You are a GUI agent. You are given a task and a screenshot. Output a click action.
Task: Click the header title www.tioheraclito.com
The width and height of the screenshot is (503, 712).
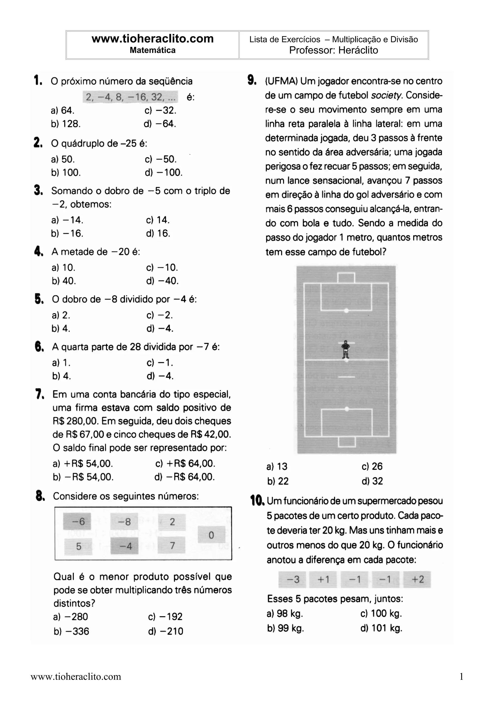coord(153,39)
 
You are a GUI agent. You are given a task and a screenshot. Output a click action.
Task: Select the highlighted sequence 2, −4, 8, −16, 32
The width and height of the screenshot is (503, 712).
coord(130,97)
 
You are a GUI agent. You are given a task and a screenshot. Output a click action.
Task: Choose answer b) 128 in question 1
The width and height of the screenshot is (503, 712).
coord(66,124)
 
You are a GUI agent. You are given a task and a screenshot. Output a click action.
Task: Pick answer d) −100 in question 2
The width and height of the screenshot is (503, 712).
coord(164,172)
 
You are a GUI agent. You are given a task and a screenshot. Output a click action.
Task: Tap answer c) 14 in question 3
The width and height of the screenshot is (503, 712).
coord(158,220)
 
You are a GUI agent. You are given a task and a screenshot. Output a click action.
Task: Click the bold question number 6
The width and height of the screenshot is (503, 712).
coord(39,346)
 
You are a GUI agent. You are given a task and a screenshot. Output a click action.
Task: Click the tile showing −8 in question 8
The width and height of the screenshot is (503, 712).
coord(125,522)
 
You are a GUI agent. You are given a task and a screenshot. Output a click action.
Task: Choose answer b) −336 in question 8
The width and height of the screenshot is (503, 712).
coord(71,631)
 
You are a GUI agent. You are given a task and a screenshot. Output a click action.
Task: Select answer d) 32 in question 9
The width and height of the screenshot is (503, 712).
coord(372,481)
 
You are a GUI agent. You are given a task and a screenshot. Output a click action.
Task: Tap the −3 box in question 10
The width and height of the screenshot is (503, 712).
coord(293,579)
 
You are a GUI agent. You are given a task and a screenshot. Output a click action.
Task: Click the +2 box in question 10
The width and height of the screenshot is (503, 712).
coord(417,579)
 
